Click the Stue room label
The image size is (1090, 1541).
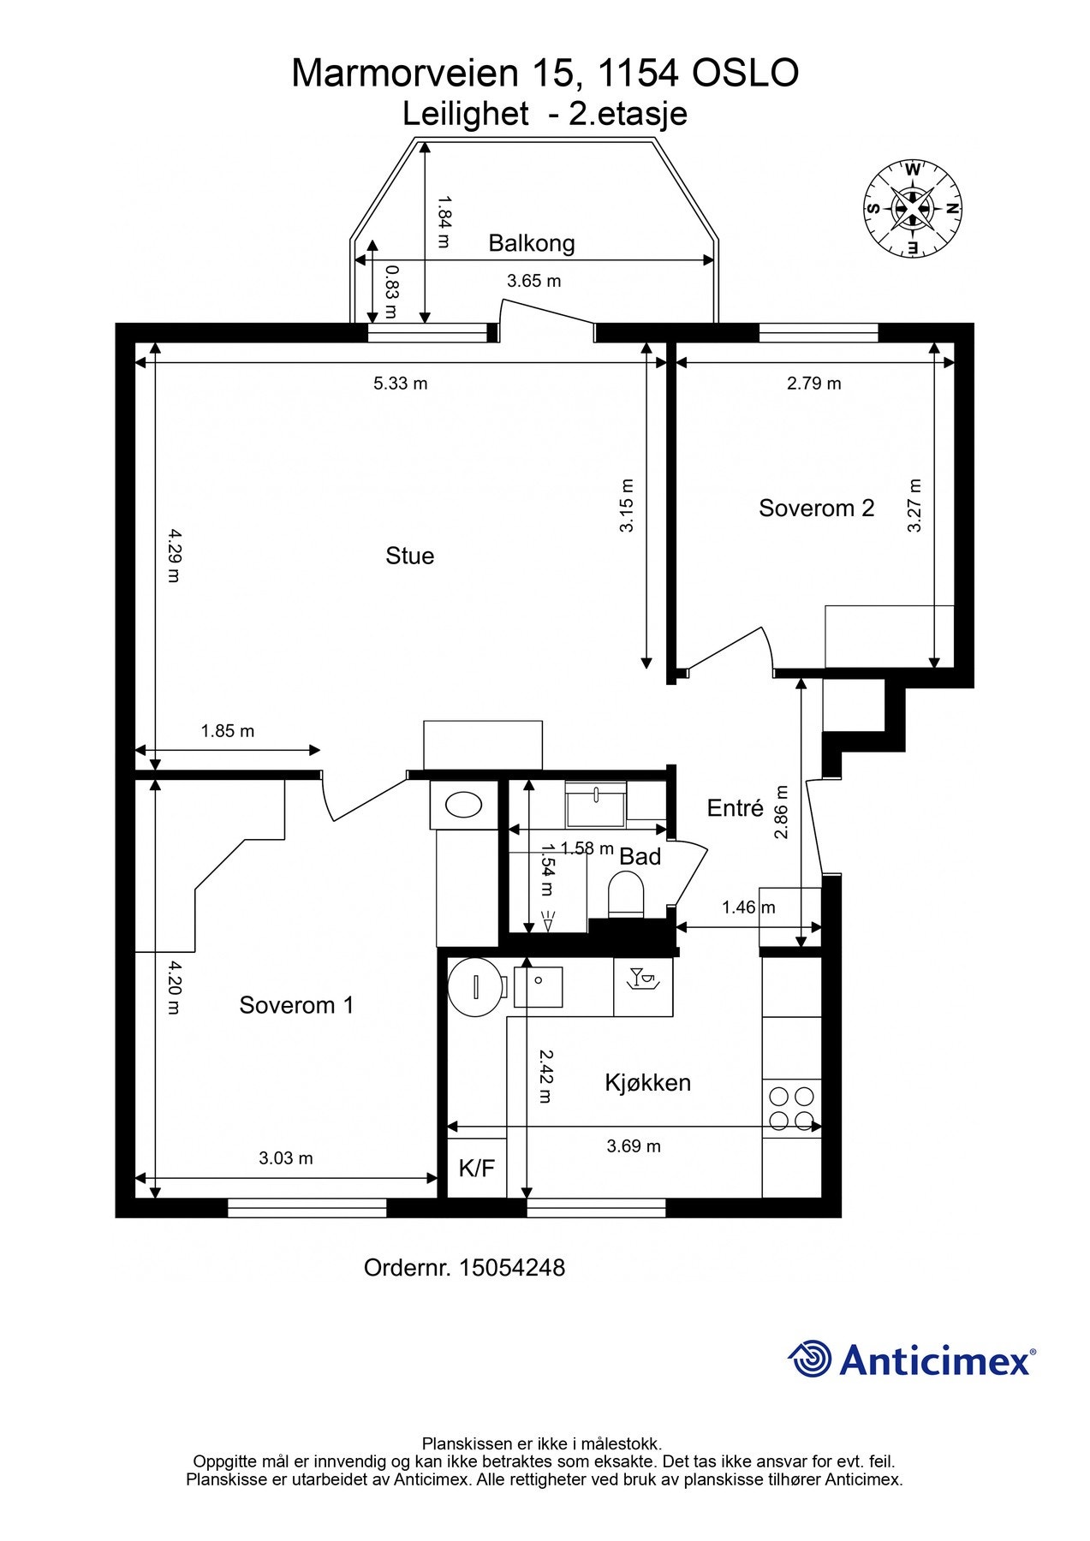(409, 556)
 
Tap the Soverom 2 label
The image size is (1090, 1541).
(816, 509)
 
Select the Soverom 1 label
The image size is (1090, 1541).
(296, 1005)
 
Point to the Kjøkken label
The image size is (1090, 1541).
(647, 1083)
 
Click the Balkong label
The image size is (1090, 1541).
(532, 244)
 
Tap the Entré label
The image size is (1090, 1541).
(735, 808)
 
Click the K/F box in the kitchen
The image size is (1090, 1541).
(477, 1168)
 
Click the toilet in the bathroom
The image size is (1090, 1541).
(625, 895)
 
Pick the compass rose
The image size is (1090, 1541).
(913, 208)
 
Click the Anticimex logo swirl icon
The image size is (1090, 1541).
(809, 1359)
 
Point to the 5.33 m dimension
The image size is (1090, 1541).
(400, 384)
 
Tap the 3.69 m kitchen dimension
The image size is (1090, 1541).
(634, 1146)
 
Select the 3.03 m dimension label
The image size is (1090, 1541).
(286, 1158)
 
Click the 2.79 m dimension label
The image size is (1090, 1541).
(814, 384)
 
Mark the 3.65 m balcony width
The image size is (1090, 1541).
(534, 281)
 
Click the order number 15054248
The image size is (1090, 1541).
(512, 1268)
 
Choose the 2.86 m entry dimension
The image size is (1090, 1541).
(781, 812)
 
